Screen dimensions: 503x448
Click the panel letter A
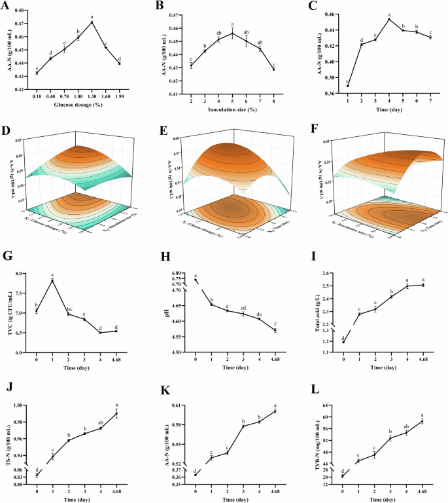[6, 6]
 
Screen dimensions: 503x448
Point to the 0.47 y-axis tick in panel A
[20, 23]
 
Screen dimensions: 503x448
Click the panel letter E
[160, 128]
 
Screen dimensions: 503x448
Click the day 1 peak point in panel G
[52, 280]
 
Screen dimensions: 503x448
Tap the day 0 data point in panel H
[196, 280]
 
